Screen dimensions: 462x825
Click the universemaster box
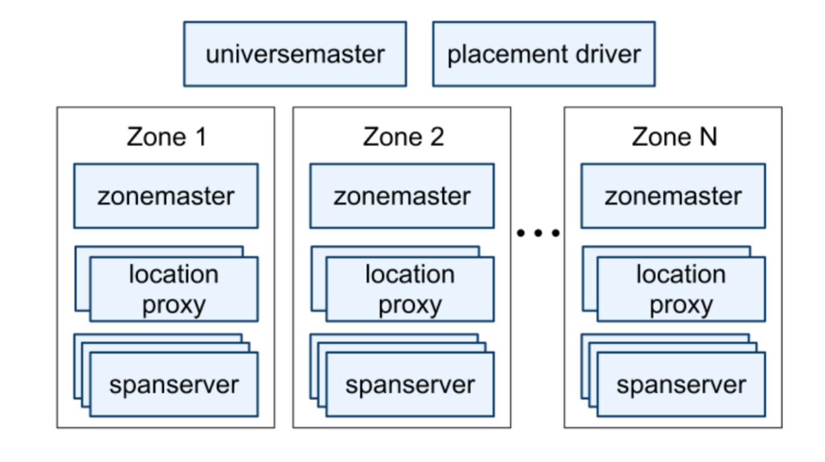tap(294, 54)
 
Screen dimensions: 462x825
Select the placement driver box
tap(544, 54)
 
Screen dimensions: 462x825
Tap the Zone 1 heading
tap(167, 138)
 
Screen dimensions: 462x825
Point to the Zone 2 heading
tap(403, 138)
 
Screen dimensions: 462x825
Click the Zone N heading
tap(674, 138)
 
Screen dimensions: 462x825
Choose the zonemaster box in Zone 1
tap(165, 196)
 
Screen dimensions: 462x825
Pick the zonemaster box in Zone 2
tap(402, 196)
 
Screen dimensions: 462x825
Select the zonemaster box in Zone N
tap(673, 196)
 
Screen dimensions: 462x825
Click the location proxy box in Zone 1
tap(174, 289)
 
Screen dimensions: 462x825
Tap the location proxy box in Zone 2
tap(410, 289)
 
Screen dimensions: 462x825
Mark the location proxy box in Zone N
tap(681, 289)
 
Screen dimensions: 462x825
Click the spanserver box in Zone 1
tap(174, 385)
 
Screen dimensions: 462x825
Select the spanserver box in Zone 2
tap(410, 385)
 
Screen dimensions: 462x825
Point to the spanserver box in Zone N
tap(681, 385)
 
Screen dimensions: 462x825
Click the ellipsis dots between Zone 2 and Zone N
tap(538, 233)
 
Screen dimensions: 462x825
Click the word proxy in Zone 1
tap(174, 305)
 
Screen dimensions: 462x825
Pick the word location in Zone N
tap(681, 274)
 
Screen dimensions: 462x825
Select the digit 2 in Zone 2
tap(436, 138)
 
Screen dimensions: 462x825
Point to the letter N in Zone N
tap(708, 138)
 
